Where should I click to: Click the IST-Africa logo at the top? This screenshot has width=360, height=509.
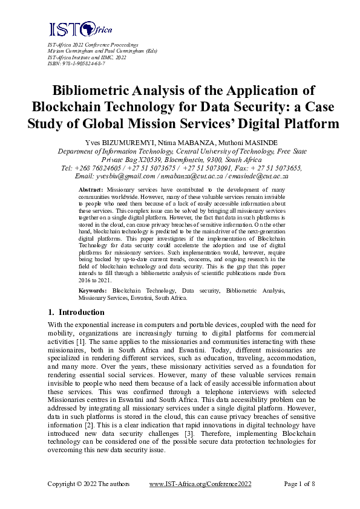(x=80, y=28)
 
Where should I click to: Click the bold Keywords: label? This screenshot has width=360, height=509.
(x=93, y=291)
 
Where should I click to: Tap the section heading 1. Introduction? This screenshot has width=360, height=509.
(x=76, y=313)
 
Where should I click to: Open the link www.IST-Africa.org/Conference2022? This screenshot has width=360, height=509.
(x=200, y=484)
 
